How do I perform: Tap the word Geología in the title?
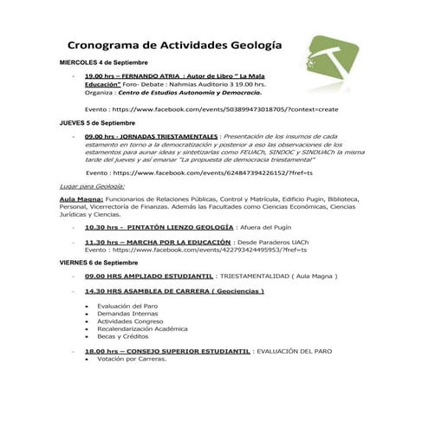(x=258, y=45)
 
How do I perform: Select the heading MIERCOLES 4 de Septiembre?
(x=103, y=63)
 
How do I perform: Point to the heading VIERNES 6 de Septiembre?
(x=99, y=262)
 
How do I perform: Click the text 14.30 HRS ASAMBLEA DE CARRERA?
(x=151, y=291)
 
